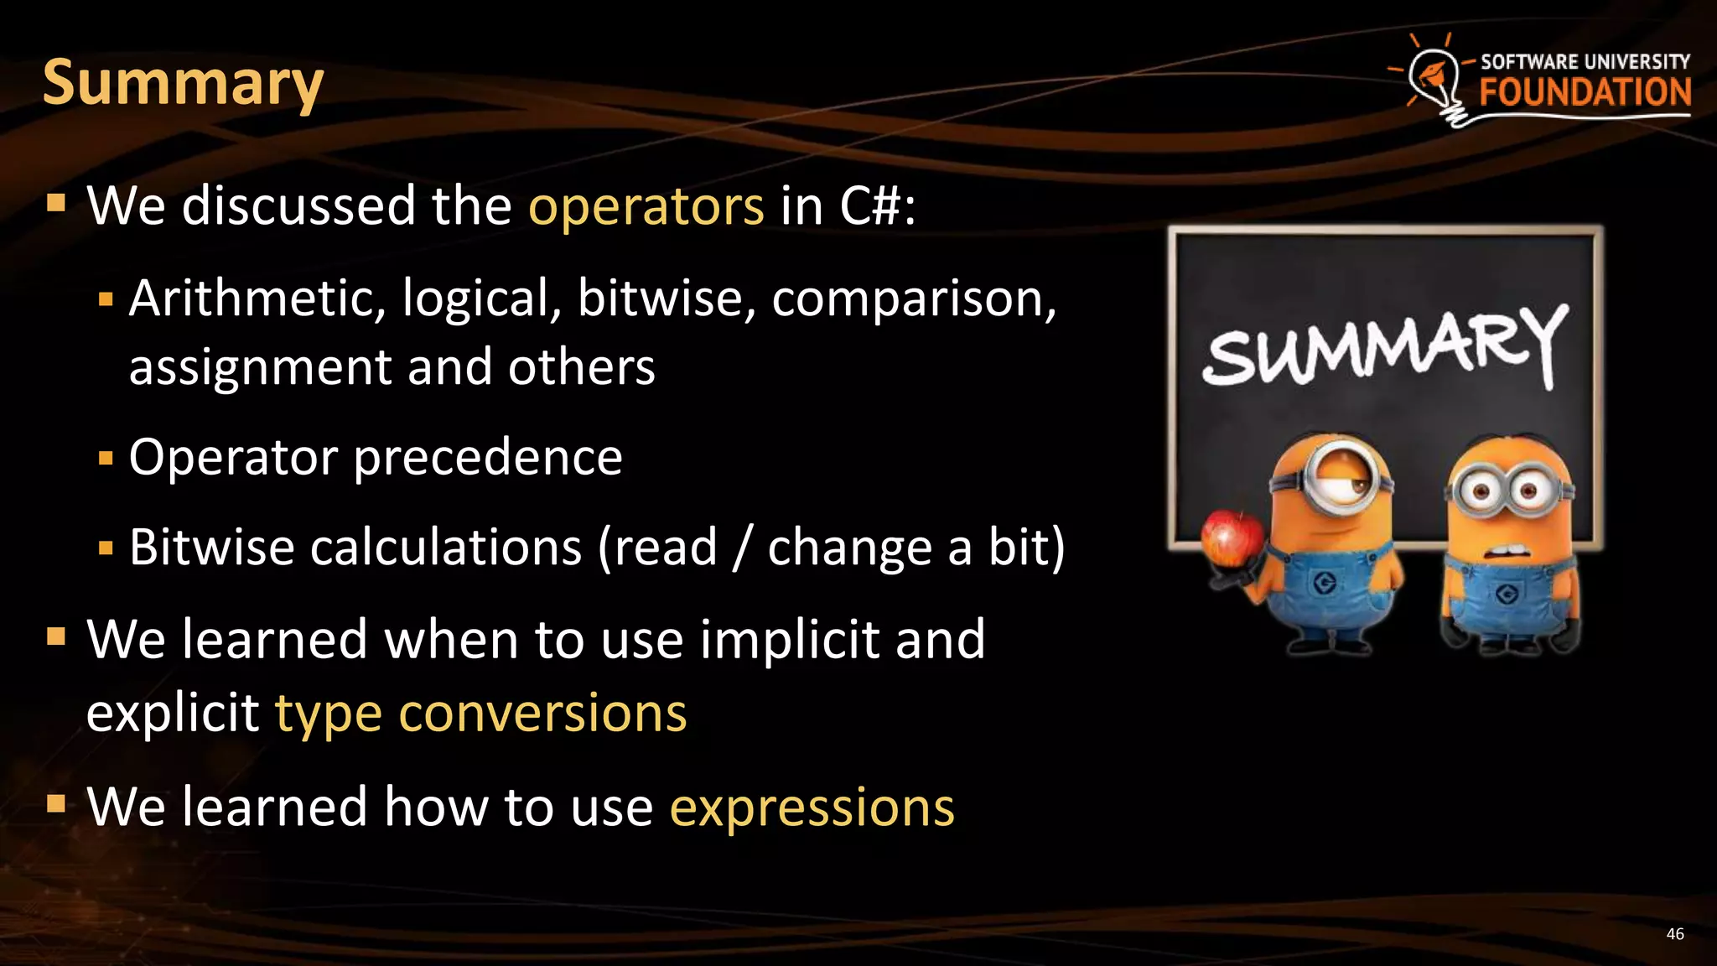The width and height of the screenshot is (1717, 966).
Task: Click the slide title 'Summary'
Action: point(183,84)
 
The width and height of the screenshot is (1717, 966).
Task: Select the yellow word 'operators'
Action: point(646,206)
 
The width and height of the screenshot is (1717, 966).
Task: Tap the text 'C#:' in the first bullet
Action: point(878,206)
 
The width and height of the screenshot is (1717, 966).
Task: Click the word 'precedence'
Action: point(488,458)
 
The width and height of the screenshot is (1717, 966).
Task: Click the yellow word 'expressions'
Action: point(812,808)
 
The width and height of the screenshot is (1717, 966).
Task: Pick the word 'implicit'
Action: point(789,640)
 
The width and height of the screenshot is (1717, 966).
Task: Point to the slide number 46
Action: point(1674,934)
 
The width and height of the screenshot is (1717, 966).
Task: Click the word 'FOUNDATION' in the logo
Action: point(1585,92)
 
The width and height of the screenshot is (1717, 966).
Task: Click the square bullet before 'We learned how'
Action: point(56,805)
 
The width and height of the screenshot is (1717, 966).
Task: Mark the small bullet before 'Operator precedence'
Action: point(106,459)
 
